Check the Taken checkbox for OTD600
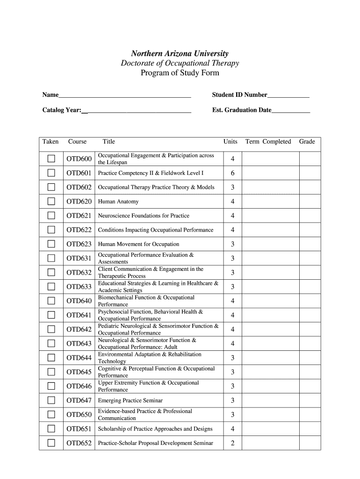[x=51, y=159]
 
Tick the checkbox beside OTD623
[x=51, y=244]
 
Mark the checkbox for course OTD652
[x=51, y=443]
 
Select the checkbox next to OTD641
[x=51, y=315]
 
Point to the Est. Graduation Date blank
[x=291, y=111]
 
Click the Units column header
[x=230, y=142]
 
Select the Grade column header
[x=307, y=142]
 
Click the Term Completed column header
[x=268, y=142]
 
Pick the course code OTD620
[x=79, y=202]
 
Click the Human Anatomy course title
[x=118, y=202]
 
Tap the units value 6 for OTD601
[x=232, y=173]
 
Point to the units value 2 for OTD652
[x=232, y=443]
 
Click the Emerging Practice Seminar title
[x=130, y=400]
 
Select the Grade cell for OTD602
[x=310, y=188]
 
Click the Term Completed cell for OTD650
[x=270, y=414]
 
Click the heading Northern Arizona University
[x=180, y=54]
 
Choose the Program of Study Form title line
[x=180, y=73]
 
